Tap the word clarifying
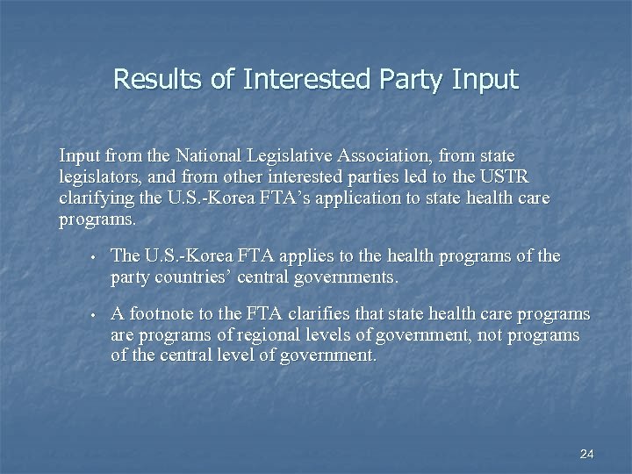click(x=95, y=198)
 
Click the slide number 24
click(x=587, y=454)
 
